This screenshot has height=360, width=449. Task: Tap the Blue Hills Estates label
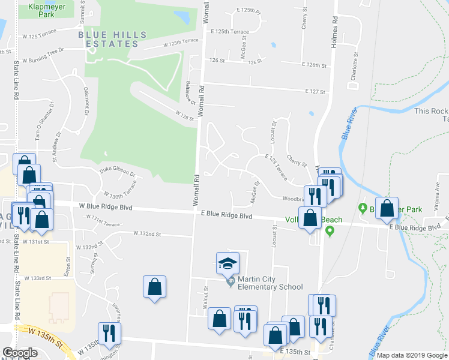point(104,39)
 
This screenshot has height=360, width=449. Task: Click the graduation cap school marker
point(228,263)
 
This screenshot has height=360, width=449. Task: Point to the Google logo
point(20,352)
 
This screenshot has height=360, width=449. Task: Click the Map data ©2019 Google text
point(412,355)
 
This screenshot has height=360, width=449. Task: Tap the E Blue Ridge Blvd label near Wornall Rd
point(226,214)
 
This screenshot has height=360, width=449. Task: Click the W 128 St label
point(185,114)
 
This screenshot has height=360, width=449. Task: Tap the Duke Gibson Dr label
point(117,172)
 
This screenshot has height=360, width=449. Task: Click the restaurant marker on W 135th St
point(109,333)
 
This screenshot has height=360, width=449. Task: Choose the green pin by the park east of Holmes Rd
point(363,209)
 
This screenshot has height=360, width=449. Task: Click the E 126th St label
point(315,65)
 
